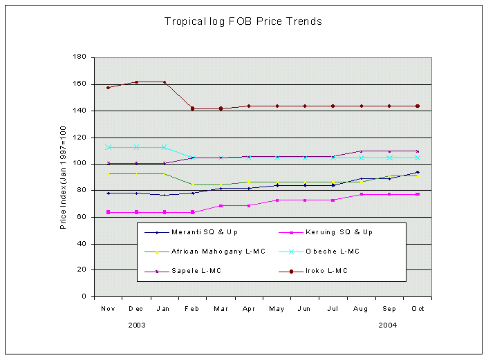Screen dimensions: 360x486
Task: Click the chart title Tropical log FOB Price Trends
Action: [243, 21]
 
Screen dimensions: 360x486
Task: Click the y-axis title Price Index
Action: [63, 177]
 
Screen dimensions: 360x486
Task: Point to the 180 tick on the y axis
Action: [80, 57]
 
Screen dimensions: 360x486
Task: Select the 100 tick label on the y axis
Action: [80, 164]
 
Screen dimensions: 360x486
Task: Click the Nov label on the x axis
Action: [108, 308]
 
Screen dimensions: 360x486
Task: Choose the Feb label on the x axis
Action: [192, 308]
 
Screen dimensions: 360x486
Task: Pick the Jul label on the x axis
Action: [333, 308]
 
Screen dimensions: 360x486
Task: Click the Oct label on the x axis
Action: [417, 308]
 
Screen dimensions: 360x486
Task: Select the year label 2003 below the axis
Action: [136, 324]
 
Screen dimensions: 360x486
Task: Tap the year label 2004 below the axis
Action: [388, 324]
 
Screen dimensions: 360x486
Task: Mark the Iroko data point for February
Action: [192, 108]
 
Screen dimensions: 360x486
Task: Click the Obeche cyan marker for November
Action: [108, 147]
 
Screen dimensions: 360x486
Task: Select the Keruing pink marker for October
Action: [417, 195]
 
